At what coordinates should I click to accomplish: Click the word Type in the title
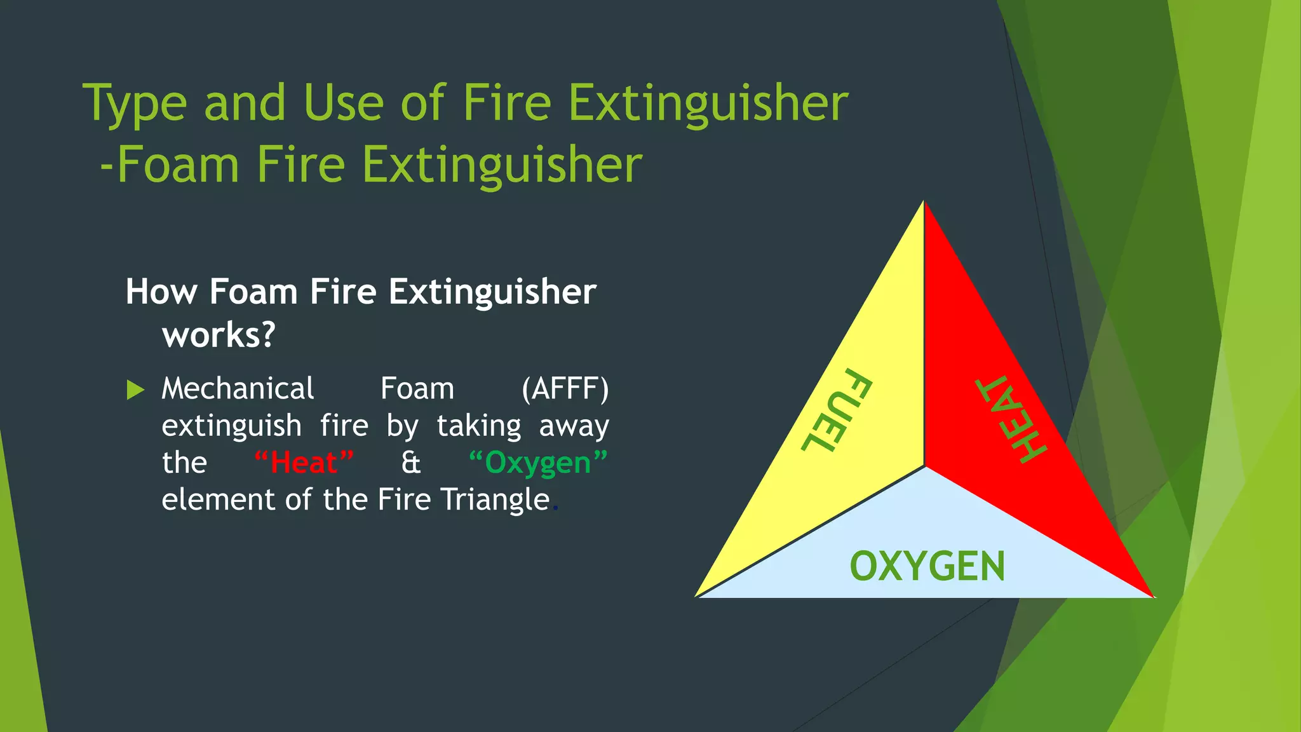coord(135,104)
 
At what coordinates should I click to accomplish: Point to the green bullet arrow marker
coord(135,390)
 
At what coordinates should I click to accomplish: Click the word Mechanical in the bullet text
coord(238,388)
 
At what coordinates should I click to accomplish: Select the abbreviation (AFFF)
coord(565,388)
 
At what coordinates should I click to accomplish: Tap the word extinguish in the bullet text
coord(231,426)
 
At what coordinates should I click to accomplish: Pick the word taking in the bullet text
coord(479,426)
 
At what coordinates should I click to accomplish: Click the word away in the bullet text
coord(574,426)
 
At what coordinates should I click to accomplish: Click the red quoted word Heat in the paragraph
coord(304,462)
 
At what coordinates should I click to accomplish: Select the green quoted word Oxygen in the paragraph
coord(538,463)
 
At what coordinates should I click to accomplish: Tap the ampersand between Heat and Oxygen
coord(411,463)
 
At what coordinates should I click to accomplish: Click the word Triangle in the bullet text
coord(495,499)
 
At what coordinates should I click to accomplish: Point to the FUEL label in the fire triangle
coord(836,410)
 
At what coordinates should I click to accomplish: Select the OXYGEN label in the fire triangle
coord(927,566)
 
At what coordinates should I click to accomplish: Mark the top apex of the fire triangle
coord(924,202)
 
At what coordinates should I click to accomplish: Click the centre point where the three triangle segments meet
coord(925,467)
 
